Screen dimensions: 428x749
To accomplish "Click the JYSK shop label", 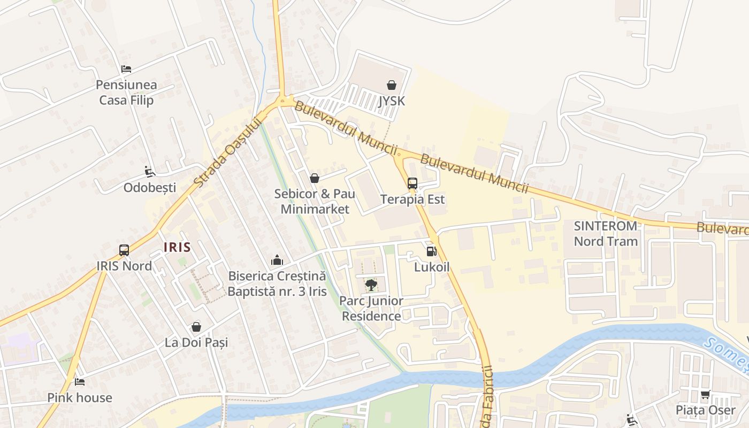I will coord(392,101).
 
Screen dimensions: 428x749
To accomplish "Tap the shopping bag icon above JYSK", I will coord(392,85).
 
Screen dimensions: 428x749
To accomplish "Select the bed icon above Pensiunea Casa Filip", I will coord(126,68).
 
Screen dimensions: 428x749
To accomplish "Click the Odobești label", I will coord(150,187).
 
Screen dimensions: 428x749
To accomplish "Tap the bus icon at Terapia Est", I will coord(412,184).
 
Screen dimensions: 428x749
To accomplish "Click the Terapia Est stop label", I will coord(412,200).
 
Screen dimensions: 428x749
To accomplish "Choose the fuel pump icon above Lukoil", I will coord(431,251).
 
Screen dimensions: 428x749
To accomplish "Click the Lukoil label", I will coord(432,267).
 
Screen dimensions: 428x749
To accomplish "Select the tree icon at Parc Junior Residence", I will coord(371,285).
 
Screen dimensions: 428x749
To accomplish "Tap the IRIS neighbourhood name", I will coord(177,247).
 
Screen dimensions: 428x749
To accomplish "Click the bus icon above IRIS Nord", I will coord(124,250).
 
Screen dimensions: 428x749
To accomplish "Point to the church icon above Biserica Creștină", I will coord(277,260).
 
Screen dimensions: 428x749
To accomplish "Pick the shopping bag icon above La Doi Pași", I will coord(196,327).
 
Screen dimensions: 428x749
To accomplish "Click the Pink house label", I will coord(80,398).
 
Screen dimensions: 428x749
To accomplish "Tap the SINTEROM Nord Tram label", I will coord(606,233).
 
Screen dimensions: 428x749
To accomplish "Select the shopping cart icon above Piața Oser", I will coord(706,395).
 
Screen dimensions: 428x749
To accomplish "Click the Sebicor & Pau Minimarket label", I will coord(315,201).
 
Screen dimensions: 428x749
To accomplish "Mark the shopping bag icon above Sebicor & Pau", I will coord(315,178).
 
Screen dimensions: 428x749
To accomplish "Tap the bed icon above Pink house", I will coord(80,381).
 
